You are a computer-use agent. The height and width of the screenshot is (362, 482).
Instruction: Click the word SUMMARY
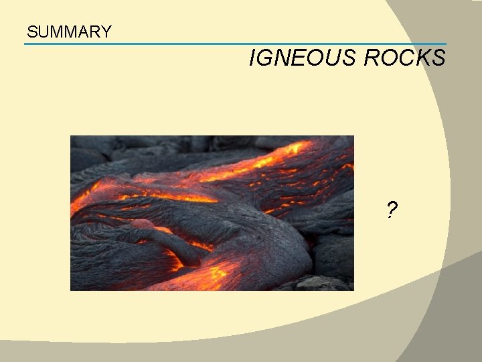coord(69,32)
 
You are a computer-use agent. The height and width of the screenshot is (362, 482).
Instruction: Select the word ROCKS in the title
coord(404,58)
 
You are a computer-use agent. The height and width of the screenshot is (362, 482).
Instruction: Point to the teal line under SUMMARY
coord(234,44)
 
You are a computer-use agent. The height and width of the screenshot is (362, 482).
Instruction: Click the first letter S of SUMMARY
coord(31,32)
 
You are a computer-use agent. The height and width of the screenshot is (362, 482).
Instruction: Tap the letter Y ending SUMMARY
coord(106,32)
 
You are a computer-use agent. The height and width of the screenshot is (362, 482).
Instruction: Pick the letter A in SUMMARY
coord(83,32)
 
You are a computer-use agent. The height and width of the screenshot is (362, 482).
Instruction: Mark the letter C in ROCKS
coord(405,58)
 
